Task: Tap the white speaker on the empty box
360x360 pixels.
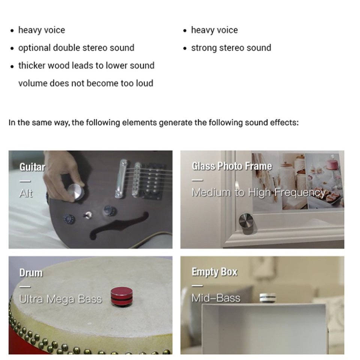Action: (268, 297)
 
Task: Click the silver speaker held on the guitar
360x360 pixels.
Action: (76, 192)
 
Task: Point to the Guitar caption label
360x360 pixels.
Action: (32, 167)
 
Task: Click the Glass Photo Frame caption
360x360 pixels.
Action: (232, 166)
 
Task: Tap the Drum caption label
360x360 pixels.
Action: (31, 273)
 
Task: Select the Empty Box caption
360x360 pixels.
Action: (214, 272)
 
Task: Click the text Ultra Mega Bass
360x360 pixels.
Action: (60, 299)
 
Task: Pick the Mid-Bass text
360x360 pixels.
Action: (216, 298)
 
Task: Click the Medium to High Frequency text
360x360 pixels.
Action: (259, 192)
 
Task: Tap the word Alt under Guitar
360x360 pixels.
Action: (26, 193)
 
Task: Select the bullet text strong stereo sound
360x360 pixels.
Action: (231, 48)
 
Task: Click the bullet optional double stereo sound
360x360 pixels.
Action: (76, 48)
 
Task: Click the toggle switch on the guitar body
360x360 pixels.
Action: (87, 215)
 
